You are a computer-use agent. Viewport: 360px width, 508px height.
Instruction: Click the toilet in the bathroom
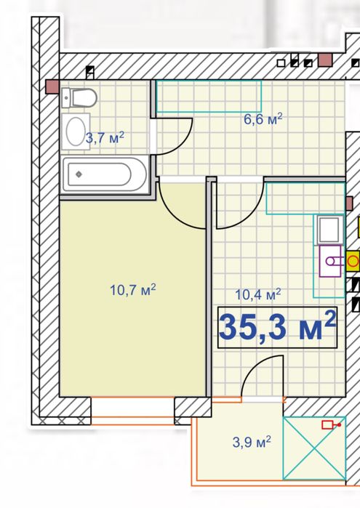pyautogui.click(x=79, y=97)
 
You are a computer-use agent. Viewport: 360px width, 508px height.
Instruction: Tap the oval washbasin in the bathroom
pyautogui.click(x=76, y=132)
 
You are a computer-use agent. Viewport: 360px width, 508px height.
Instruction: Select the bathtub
pyautogui.click(x=105, y=174)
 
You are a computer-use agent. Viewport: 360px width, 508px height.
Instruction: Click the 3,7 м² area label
pyautogui.click(x=105, y=137)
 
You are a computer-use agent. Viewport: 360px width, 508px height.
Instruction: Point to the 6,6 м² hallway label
pyautogui.click(x=263, y=119)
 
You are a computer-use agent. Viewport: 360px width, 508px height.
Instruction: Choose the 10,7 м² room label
pyautogui.click(x=133, y=290)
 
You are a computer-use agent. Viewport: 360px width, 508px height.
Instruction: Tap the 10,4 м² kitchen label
pyautogui.click(x=258, y=294)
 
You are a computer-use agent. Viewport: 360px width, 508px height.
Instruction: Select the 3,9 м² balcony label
pyautogui.click(x=252, y=442)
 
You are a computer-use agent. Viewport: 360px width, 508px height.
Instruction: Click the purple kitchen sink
pyautogui.click(x=330, y=261)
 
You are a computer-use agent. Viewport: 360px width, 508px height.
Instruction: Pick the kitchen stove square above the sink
pyautogui.click(x=330, y=230)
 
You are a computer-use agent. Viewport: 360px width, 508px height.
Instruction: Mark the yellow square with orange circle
pyautogui.click(x=353, y=261)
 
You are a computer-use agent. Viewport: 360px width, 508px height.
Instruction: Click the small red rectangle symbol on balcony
pyautogui.click(x=331, y=424)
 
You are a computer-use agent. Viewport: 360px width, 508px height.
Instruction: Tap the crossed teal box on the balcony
pyautogui.click(x=314, y=448)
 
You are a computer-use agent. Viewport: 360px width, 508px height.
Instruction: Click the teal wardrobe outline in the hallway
pyautogui.click(x=209, y=96)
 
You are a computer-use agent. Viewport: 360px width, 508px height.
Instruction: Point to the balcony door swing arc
pyautogui.click(x=256, y=368)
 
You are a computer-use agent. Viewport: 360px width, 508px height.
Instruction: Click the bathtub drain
pyautogui.click(x=79, y=174)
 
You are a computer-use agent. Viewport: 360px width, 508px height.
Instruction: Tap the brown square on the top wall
pyautogui.click(x=325, y=60)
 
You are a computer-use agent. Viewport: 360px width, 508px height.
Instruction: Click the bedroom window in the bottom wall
pyautogui.click(x=132, y=411)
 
